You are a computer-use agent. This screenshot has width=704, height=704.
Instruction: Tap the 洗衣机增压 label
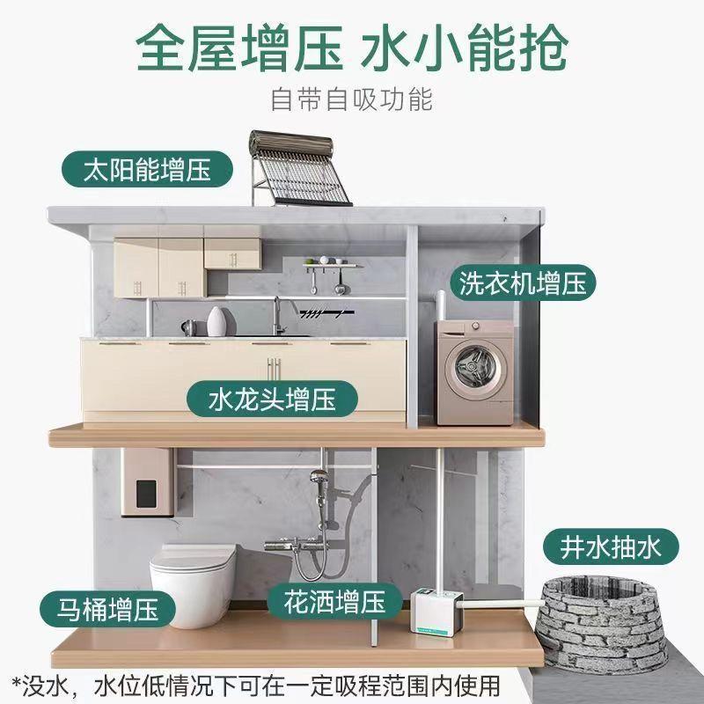522,282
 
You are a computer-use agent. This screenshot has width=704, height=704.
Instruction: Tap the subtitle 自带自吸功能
352,99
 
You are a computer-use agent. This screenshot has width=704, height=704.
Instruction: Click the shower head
321,480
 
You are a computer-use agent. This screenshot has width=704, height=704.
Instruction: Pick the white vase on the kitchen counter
216,322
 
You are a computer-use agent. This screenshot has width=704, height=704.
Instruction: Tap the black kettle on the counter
188,327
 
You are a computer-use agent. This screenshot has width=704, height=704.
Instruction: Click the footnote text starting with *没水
255,683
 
